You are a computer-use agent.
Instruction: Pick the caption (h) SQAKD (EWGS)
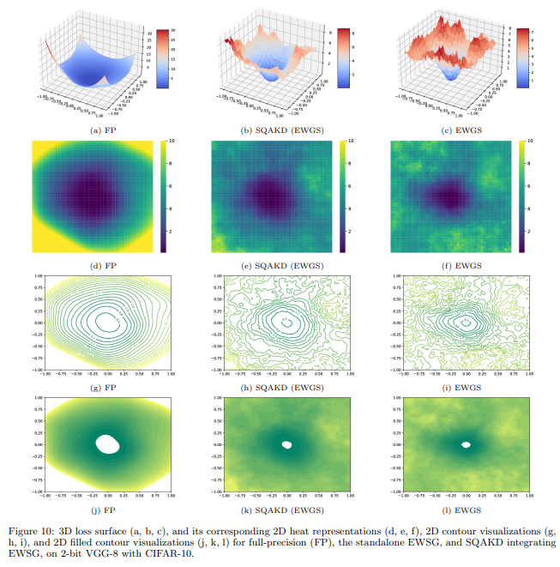[x=280, y=386]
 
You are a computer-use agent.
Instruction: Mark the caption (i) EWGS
[x=458, y=386]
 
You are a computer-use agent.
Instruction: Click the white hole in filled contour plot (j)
[x=107, y=443]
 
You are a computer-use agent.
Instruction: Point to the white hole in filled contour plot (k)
[x=286, y=444]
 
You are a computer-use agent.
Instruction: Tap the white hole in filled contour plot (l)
[x=466, y=444]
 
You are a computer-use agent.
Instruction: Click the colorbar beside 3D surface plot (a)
[x=162, y=57]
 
